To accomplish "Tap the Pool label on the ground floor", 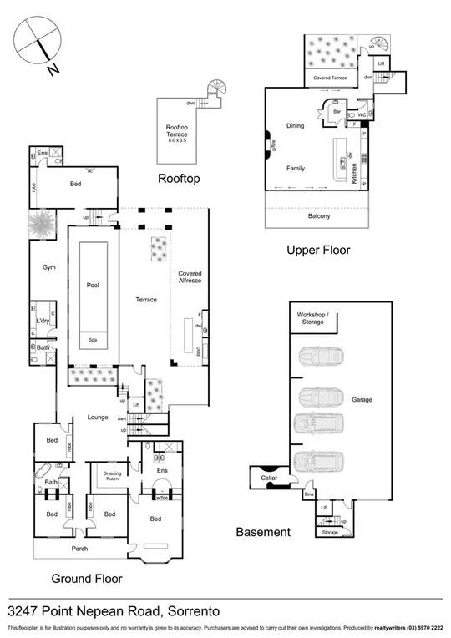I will coord(93,285).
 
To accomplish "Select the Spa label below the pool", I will coord(93,340).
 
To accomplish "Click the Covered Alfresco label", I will coord(190,278).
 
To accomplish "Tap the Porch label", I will coord(80,549).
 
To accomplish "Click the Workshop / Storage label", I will coord(314,318).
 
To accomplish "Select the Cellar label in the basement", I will coord(268,478).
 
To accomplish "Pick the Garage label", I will coord(362,399).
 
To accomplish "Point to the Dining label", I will coord(295,126).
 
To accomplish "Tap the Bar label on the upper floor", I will coord(337,109).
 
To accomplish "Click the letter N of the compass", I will coord(53,70).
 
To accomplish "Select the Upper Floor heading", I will coord(317,250).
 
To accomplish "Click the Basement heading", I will coord(263,532).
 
